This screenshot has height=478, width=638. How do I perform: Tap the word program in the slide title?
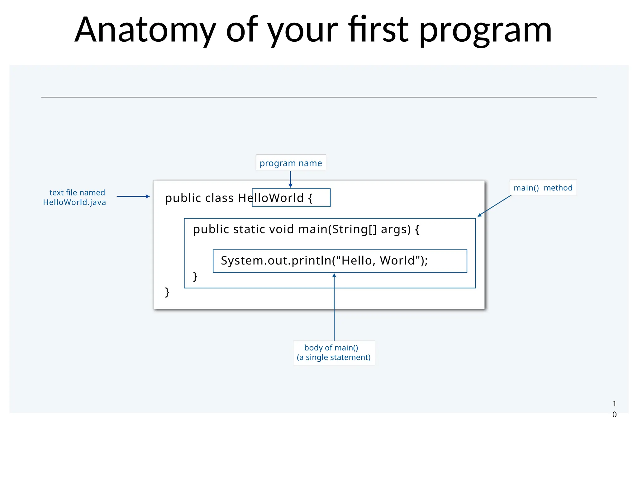[485, 30]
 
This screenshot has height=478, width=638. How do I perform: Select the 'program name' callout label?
[291, 163]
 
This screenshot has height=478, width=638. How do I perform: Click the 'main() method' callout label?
[543, 188]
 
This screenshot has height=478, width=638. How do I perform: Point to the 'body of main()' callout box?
[334, 353]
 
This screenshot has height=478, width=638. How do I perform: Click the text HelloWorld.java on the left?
[74, 202]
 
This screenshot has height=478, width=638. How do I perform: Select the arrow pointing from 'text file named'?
[133, 196]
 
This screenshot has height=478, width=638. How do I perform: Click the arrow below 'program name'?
[290, 180]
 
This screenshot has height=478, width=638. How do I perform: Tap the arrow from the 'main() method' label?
[494, 206]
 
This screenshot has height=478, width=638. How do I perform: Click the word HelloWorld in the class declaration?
[271, 198]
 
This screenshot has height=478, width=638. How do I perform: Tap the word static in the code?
[249, 229]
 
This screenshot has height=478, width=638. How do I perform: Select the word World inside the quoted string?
[397, 261]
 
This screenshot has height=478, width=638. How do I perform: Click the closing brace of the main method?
[195, 276]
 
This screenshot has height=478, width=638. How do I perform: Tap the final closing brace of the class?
[167, 292]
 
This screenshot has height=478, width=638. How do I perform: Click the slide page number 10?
[614, 409]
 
